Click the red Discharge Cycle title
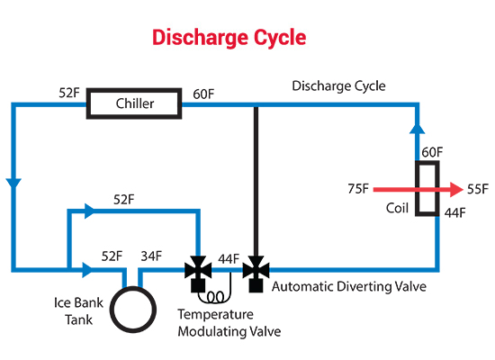[229, 38]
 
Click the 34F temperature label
[151, 256]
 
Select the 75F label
[358, 188]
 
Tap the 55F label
[478, 189]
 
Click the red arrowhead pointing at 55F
[457, 190]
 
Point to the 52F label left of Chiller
[69, 93]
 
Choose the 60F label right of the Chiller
[203, 94]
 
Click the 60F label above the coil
[433, 152]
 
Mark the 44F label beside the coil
[455, 213]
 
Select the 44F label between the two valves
[229, 259]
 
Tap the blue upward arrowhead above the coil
[418, 128]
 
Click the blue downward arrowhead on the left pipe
[13, 184]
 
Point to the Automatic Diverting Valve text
[349, 287]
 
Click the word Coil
[397, 208]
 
